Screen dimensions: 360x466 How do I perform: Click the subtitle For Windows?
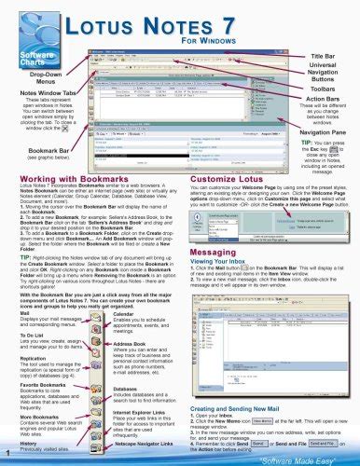coord(225,43)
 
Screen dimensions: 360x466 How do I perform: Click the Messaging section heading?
coord(217,277)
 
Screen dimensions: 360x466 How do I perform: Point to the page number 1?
coord(7,455)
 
